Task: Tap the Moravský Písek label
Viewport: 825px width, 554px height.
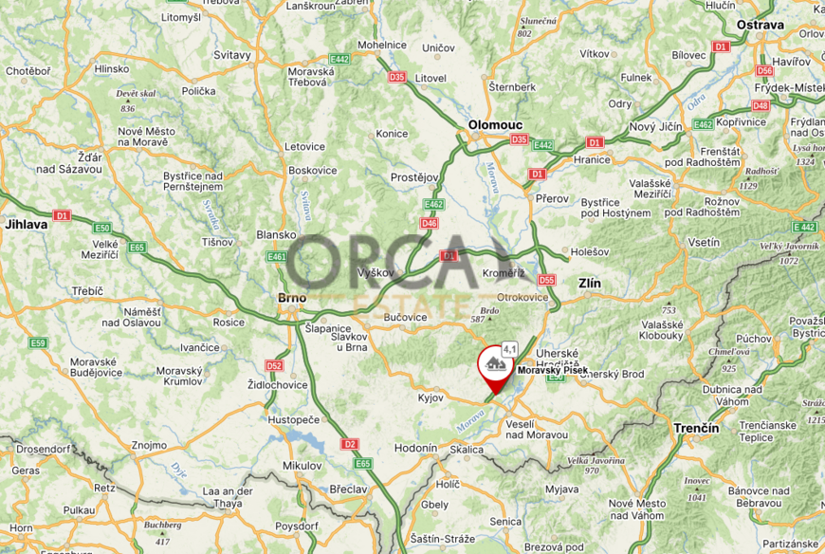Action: pyautogui.click(x=552, y=370)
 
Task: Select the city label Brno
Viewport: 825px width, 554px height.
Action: pyautogui.click(x=291, y=298)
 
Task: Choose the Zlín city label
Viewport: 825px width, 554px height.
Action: pyautogui.click(x=590, y=283)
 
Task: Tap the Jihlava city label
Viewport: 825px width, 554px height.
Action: pyautogui.click(x=26, y=225)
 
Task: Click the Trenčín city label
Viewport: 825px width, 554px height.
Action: pyautogui.click(x=695, y=428)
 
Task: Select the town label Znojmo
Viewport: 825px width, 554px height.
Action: pyautogui.click(x=149, y=444)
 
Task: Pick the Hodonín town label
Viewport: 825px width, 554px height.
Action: pyautogui.click(x=415, y=447)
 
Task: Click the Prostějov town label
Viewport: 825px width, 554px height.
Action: pyautogui.click(x=415, y=177)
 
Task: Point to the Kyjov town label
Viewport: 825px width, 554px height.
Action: pyautogui.click(x=431, y=397)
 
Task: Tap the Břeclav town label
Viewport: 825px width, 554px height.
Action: pyautogui.click(x=349, y=488)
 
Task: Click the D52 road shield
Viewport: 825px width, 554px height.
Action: pyautogui.click(x=275, y=365)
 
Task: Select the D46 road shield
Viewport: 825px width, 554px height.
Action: pyautogui.click(x=429, y=223)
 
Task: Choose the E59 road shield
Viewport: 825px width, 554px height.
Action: pyautogui.click(x=38, y=342)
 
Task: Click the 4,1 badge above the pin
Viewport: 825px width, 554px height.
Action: pyautogui.click(x=509, y=348)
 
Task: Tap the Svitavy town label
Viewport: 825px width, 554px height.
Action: pyautogui.click(x=232, y=55)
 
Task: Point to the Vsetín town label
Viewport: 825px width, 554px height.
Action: pyautogui.click(x=704, y=242)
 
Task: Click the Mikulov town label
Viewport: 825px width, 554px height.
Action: pyautogui.click(x=302, y=466)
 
